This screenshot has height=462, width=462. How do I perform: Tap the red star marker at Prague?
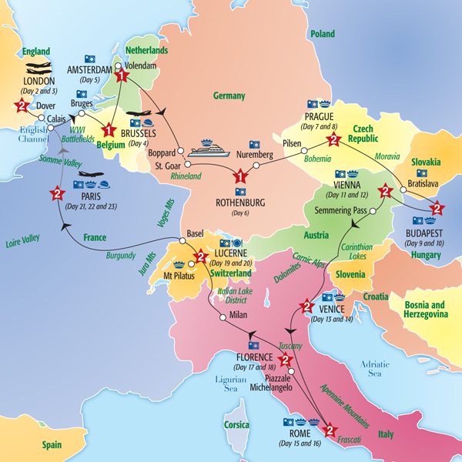pyautogui.click(x=333, y=140)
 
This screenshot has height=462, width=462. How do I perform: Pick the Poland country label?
pyautogui.click(x=322, y=35)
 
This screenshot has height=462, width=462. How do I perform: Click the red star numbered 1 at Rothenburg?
pyautogui.click(x=240, y=176)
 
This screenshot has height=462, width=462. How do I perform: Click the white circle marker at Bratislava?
pyautogui.click(x=402, y=188)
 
